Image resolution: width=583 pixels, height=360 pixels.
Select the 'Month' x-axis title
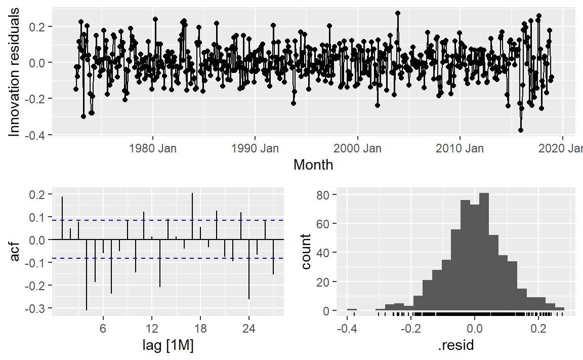tap(313, 165)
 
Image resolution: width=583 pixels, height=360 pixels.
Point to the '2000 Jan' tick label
tap(357, 149)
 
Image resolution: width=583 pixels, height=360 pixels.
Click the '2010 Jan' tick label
tap(460, 149)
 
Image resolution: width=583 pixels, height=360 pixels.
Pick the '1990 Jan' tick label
tap(255, 149)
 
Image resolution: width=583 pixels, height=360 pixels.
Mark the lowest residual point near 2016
tap(520, 130)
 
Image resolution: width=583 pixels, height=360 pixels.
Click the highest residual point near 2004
tap(398, 13)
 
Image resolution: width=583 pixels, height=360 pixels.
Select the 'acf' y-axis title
tap(15, 251)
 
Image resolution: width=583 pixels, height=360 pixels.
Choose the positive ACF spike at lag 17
tap(192, 216)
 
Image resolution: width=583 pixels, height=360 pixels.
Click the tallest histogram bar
tap(484, 252)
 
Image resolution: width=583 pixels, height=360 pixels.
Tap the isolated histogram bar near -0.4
tap(352, 309)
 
